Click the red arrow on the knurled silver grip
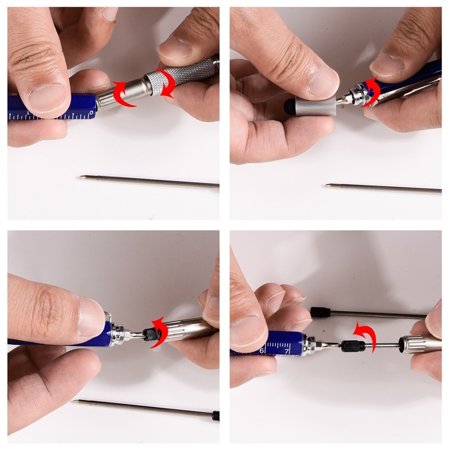166,82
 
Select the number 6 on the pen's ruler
262,350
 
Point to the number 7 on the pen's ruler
287,350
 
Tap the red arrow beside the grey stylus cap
371,91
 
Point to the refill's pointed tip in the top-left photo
82,177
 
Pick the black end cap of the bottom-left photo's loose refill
216,416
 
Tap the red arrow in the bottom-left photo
159,331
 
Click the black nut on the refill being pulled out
353,345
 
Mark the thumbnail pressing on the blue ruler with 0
51,96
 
